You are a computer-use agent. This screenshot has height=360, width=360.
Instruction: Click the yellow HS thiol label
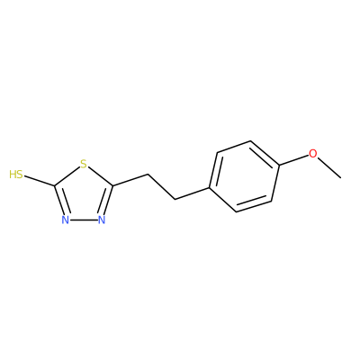click(16, 175)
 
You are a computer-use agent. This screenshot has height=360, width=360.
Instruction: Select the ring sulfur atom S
click(84, 164)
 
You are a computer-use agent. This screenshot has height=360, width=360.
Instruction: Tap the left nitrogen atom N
click(66, 220)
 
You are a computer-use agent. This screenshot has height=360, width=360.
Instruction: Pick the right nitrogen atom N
click(102, 220)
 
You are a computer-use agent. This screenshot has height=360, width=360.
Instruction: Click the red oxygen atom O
click(313, 154)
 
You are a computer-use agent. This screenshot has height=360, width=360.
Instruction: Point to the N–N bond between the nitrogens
click(84, 220)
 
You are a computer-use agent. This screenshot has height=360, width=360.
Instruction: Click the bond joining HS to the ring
click(40, 181)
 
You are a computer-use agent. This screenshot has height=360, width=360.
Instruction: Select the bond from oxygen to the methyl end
click(329, 168)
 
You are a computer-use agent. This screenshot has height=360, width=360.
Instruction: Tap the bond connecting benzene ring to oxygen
click(294, 159)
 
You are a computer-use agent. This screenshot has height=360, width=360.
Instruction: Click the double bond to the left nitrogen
click(61, 201)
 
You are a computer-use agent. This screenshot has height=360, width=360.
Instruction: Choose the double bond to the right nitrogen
click(106, 201)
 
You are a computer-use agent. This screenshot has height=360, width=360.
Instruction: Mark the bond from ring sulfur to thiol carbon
click(67, 176)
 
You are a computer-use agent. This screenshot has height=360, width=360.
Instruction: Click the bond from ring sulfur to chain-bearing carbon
click(100, 176)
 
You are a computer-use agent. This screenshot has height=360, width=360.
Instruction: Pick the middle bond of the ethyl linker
click(162, 186)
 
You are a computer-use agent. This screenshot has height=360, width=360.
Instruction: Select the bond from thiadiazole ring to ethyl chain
click(130, 180)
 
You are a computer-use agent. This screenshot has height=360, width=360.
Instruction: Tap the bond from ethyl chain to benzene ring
click(192, 193)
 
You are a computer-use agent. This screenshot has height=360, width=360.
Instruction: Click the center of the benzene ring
click(244, 176)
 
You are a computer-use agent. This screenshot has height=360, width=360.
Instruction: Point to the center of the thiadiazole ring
click(84, 196)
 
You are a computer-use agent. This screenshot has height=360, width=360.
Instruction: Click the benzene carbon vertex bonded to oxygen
click(280, 165)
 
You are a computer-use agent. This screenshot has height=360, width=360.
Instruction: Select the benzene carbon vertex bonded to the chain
click(209, 188)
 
